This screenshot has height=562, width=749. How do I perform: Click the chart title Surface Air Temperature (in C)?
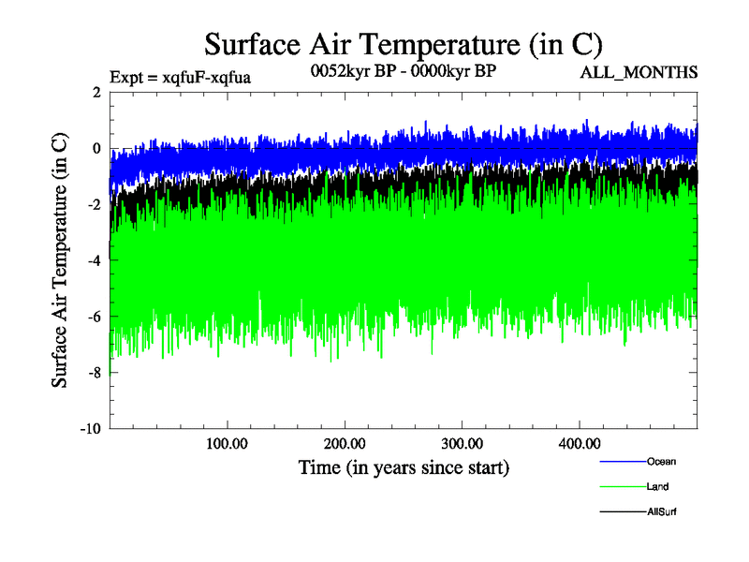point(403,45)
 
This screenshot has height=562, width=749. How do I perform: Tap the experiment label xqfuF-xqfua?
point(180,76)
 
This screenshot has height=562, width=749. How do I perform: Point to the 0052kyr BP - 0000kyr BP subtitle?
point(403,70)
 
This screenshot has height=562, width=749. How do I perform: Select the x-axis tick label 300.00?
point(461,443)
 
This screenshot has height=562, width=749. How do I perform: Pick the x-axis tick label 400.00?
point(578,443)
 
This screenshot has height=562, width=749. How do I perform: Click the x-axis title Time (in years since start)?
point(404,466)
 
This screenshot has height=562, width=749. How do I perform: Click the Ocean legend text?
point(661,461)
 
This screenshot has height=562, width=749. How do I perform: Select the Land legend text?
point(657,487)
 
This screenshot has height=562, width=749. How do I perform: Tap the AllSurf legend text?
point(661,512)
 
